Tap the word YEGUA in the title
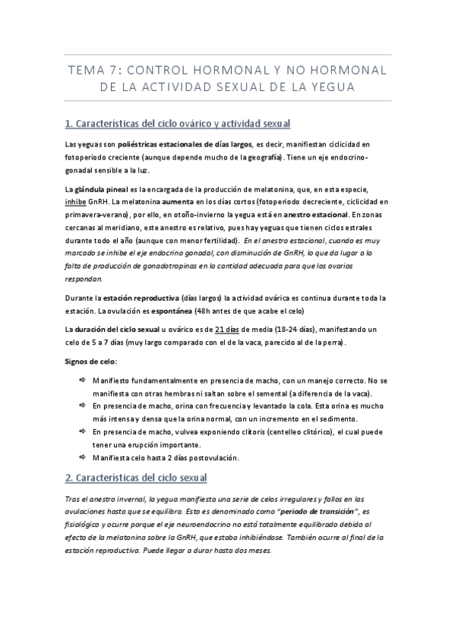[x=328, y=87]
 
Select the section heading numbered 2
[x=136, y=478]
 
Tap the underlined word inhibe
[x=77, y=202]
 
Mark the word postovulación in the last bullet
[x=207, y=458]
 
